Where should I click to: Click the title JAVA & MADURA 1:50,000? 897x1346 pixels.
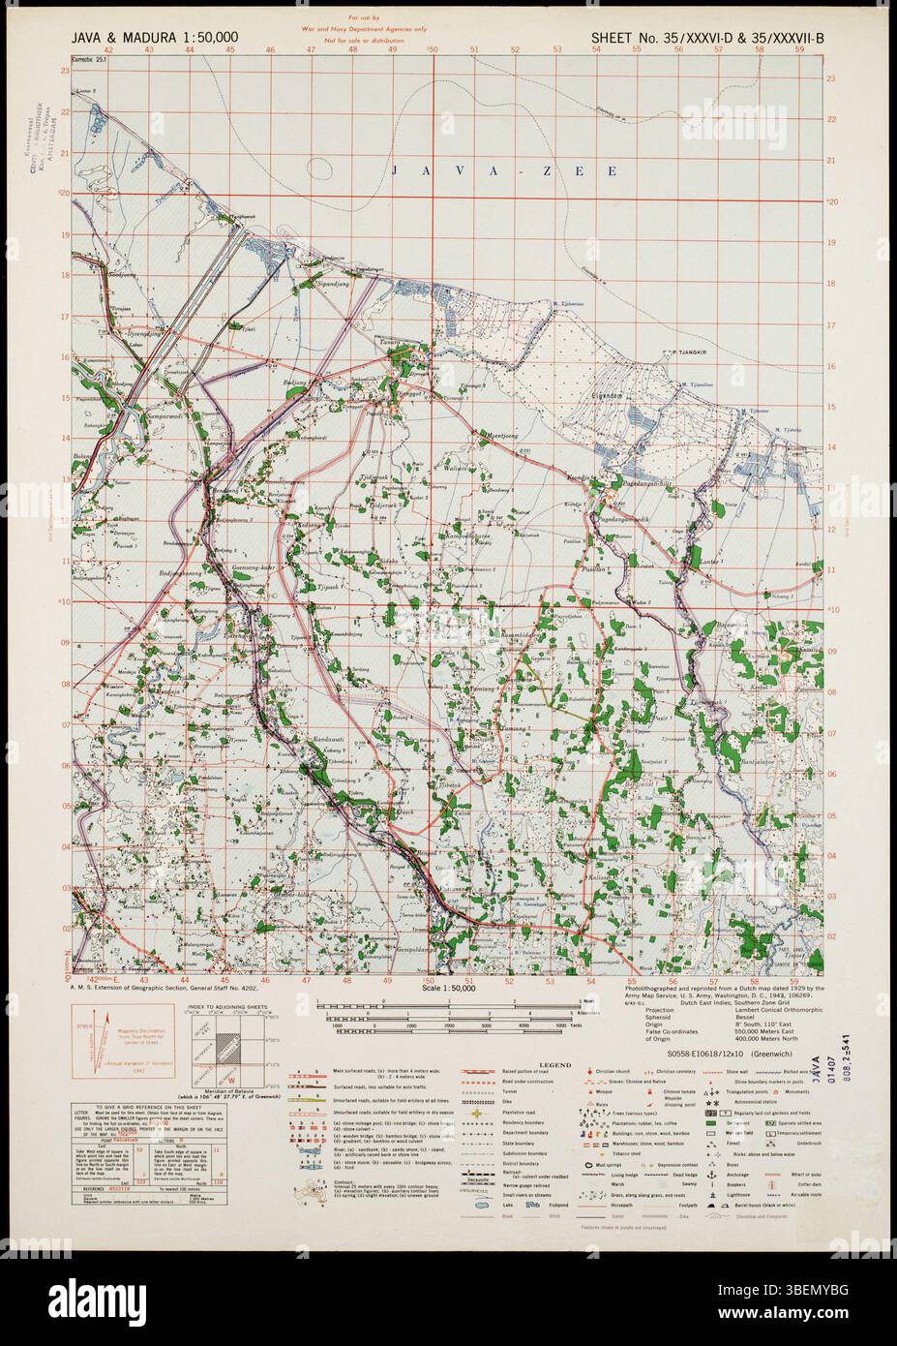click(x=155, y=38)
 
